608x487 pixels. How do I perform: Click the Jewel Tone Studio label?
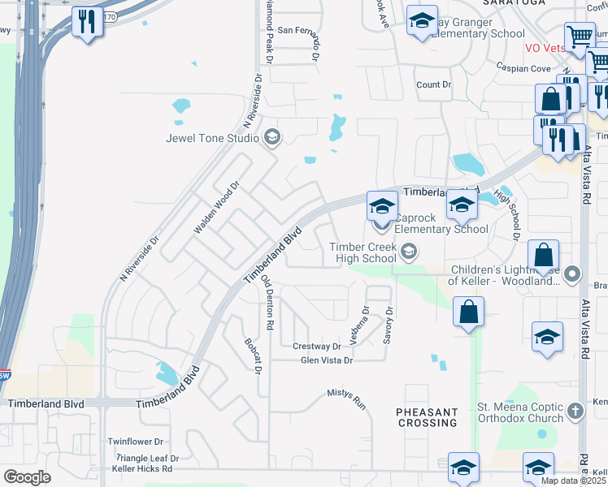coord(211,138)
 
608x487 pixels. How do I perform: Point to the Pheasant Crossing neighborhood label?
coord(428,417)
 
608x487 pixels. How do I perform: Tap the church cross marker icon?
coord(575,410)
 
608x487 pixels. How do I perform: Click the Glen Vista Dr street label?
coord(327,360)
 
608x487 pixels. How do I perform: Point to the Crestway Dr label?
coord(316,347)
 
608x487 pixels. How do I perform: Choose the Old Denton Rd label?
coord(266,303)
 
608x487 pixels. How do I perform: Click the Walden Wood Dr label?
coord(216,209)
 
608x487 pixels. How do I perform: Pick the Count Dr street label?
coord(432,84)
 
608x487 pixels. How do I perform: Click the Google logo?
coord(27,477)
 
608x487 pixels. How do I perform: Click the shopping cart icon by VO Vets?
coord(580,36)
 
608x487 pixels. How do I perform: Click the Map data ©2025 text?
coord(572,480)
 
